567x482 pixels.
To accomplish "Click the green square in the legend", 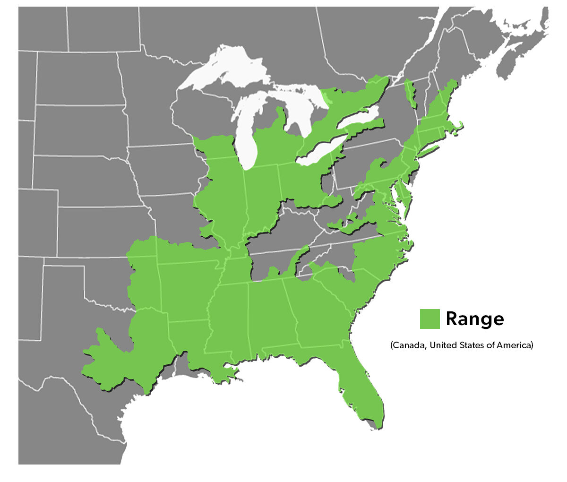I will [x=430, y=318].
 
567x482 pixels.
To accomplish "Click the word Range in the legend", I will [x=474, y=319].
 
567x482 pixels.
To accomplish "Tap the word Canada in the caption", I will [x=409, y=345].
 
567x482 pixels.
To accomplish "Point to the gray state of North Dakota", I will [x=78, y=78].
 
